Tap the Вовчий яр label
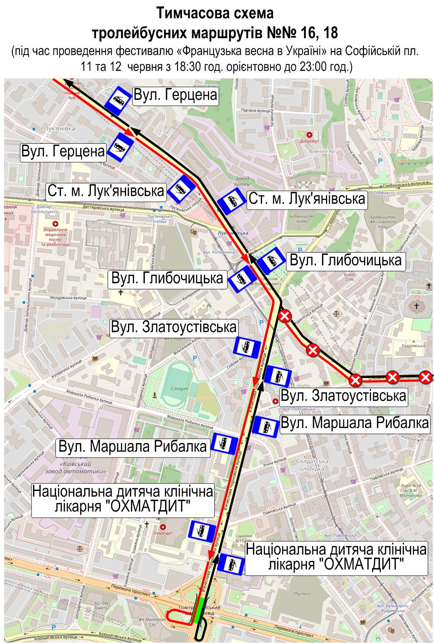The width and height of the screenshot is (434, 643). click(x=316, y=152)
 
